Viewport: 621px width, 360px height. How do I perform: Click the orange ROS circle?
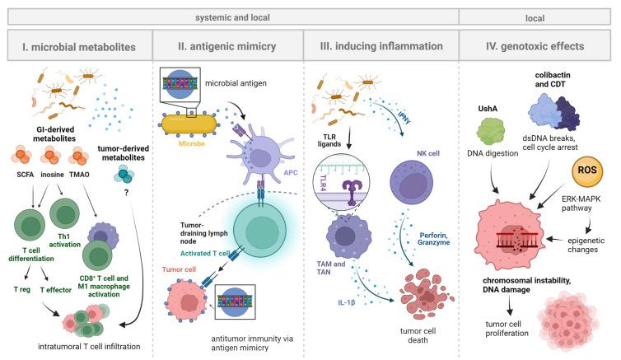(x=587, y=171)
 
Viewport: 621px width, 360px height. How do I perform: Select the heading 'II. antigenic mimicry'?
(x=227, y=46)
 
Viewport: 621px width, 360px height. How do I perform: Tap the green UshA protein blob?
(x=490, y=132)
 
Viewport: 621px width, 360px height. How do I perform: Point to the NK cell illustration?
(x=412, y=182)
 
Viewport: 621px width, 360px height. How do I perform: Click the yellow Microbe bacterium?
(x=189, y=124)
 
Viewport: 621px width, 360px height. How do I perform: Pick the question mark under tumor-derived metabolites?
(x=126, y=193)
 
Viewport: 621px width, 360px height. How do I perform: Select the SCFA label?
(x=26, y=175)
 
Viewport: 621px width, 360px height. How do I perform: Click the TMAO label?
(x=79, y=175)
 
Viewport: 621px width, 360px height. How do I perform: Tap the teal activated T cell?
(x=259, y=231)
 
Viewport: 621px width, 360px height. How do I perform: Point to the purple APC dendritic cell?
(x=259, y=157)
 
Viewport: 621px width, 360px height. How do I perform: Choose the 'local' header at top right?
(x=535, y=18)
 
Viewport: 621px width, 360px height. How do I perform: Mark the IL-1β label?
(x=346, y=302)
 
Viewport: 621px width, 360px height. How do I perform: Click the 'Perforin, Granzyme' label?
(x=434, y=239)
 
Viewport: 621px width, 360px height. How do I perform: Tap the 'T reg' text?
(x=21, y=289)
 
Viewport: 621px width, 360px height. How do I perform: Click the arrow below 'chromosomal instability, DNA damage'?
(x=509, y=306)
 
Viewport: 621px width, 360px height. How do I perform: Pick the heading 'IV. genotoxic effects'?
(x=535, y=46)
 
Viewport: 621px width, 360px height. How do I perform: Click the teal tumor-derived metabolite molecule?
(x=124, y=175)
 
